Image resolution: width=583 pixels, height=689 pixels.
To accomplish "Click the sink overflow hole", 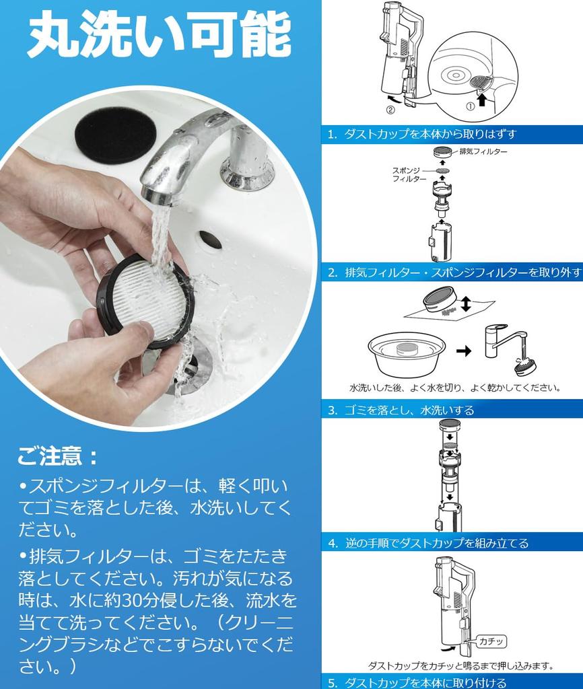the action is [x=210, y=240].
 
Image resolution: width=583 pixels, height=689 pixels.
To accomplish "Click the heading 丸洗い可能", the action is [x=159, y=35].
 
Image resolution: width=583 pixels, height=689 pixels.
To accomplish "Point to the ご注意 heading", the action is [x=57, y=456].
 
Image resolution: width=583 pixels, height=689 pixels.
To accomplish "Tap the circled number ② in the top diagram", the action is [x=390, y=110].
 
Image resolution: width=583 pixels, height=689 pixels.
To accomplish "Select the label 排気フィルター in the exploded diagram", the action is [x=483, y=151].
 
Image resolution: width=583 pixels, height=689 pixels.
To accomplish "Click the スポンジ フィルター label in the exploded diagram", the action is [x=409, y=174].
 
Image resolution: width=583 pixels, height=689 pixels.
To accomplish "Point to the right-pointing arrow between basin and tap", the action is [x=464, y=351].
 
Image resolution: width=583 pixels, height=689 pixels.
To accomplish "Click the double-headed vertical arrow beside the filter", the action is [x=466, y=303].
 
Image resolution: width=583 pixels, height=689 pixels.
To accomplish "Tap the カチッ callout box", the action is [x=491, y=641].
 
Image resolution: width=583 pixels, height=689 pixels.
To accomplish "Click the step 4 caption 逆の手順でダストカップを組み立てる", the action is [x=437, y=543].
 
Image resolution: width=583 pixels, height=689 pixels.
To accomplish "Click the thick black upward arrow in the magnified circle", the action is [x=482, y=100].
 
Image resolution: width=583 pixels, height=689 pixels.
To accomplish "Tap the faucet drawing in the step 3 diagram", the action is [x=505, y=342].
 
